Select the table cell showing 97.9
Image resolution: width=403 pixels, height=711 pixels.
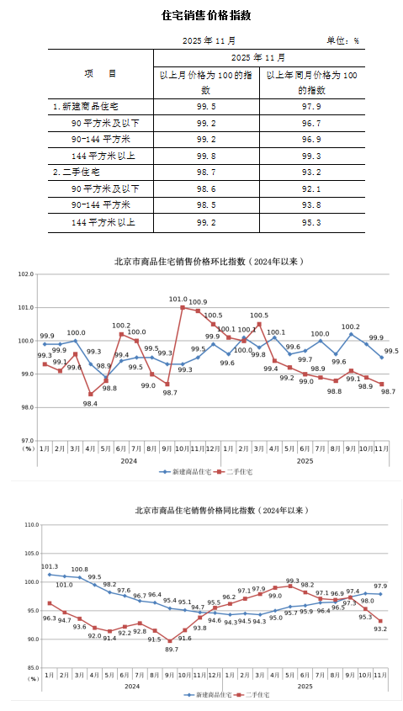[311, 107]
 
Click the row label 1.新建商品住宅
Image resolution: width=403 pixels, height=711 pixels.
[86, 107]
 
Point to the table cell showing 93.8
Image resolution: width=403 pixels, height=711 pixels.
[311, 204]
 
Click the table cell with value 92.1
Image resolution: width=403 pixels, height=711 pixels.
[311, 188]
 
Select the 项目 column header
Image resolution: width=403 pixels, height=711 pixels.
[101, 74]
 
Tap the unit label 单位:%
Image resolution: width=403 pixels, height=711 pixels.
[342, 40]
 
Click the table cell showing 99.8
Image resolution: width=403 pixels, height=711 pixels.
[206, 156]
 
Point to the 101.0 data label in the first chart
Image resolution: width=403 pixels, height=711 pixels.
[178, 299]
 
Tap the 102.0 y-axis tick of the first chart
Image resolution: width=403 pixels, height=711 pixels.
[24, 274]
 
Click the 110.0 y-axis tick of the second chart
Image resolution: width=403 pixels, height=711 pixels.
[32, 524]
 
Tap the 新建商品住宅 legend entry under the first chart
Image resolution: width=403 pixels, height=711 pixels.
[187, 472]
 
